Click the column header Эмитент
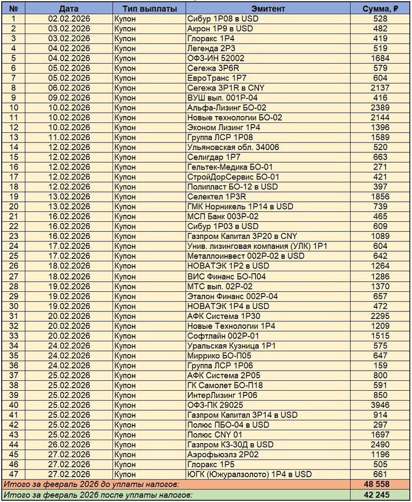click(268, 9)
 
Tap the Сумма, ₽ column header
click(380, 9)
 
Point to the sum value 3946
click(380, 404)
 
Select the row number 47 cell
click(14, 474)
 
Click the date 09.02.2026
click(69, 98)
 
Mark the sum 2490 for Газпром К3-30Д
click(380, 444)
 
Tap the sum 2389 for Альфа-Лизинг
click(380, 108)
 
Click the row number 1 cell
click(14, 19)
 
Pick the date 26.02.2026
click(69, 444)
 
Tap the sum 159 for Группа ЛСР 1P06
click(380, 365)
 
